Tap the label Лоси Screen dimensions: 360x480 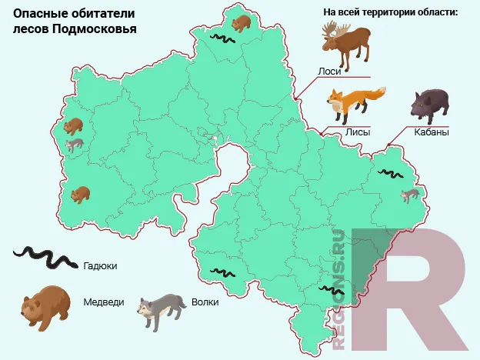point(328,71)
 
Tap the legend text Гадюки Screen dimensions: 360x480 point(99,265)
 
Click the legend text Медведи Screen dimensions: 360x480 point(103,302)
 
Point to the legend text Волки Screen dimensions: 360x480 point(205,302)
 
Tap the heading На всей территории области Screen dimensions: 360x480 point(390,12)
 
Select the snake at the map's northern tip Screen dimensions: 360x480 point(223,38)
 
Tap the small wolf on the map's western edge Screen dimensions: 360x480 point(75,144)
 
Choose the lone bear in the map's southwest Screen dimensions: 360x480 point(80,194)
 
